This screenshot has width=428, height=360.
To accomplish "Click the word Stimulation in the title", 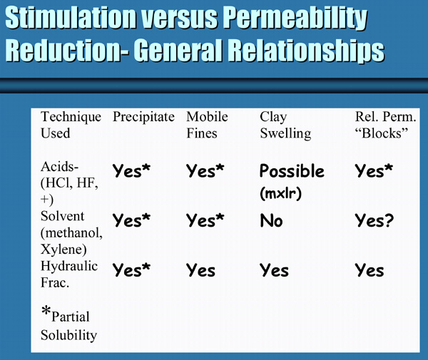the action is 71,18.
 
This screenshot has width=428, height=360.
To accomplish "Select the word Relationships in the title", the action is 306,51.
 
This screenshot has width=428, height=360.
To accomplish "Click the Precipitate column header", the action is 143,117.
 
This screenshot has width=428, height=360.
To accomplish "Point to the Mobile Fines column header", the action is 207,125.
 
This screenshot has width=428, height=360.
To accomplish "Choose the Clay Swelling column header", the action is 285,125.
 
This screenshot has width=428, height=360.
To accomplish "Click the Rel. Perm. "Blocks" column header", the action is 385,125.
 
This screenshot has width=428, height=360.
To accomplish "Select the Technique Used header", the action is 71,125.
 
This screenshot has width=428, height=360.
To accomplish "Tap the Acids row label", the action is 69,182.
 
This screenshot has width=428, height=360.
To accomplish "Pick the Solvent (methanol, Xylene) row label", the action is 71,232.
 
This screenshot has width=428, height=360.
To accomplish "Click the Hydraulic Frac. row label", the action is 69,274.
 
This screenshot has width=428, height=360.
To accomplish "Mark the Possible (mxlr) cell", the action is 292,182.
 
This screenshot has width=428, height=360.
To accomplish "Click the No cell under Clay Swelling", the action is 271,220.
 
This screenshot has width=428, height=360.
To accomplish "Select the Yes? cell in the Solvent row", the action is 374,220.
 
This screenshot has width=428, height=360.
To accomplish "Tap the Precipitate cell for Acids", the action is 131,170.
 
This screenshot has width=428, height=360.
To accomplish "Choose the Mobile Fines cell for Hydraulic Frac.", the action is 200,270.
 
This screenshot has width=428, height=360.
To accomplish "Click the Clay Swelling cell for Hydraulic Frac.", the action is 274,270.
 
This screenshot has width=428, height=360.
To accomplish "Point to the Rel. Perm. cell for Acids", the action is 374,170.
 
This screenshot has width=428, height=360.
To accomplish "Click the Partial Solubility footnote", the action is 68,324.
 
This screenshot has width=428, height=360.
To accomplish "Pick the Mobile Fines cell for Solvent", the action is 205,220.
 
